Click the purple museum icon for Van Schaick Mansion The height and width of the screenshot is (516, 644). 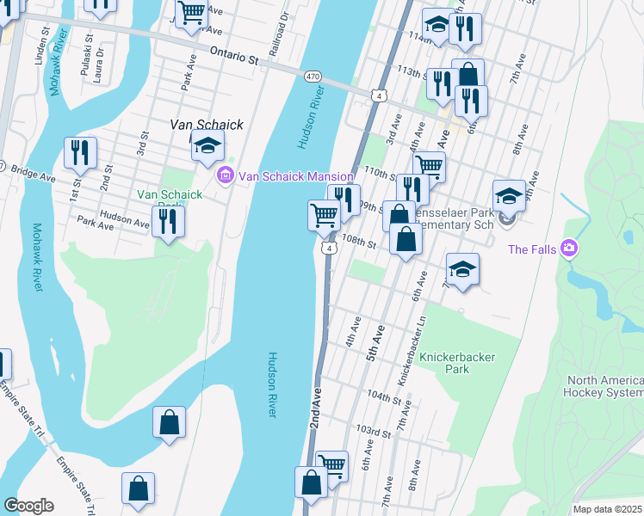coord(226,175)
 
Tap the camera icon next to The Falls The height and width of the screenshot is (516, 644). coord(567,249)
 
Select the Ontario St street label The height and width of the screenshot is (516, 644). coord(234,57)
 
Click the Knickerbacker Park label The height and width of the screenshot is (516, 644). coord(444,362)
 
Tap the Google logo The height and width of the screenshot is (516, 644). coord(28,506)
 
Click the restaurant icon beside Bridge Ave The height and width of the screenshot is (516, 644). coord(80,153)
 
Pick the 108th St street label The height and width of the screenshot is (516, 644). coord(361,243)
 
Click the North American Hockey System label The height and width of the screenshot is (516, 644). coord(604,386)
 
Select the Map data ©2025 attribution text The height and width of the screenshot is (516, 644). coord(608,509)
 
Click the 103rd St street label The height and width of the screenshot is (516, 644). coord(374,429)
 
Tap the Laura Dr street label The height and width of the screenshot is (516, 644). coord(100,60)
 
